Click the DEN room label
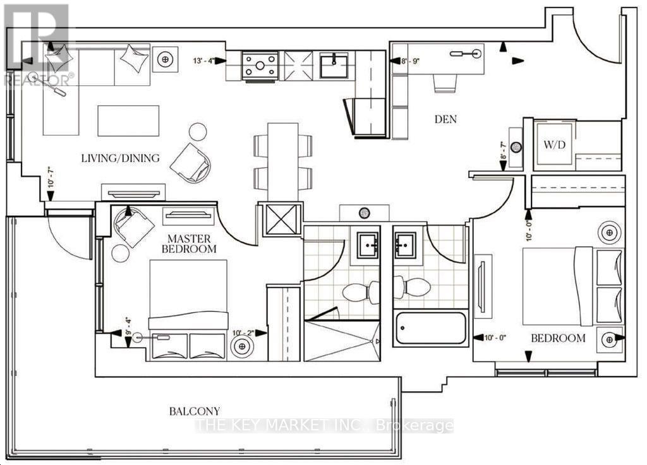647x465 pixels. point(445,119)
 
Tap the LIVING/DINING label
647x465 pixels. point(120,158)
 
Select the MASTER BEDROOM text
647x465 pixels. point(189,244)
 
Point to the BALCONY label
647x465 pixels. point(195,411)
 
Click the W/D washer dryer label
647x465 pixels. point(554,144)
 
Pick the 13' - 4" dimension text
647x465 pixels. point(204,61)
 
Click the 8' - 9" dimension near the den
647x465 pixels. point(410,61)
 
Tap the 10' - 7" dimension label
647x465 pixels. point(51,177)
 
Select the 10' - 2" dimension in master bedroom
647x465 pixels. point(243,333)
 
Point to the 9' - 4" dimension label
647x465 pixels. point(128,327)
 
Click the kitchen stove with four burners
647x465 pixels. point(260,66)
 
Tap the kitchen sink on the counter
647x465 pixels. point(334,65)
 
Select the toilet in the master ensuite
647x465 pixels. point(361,291)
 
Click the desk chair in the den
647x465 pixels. point(445,84)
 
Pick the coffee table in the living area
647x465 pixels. point(128,121)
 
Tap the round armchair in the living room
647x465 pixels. point(191,163)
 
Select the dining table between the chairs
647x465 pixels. point(282,162)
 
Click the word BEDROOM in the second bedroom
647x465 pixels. point(558,338)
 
